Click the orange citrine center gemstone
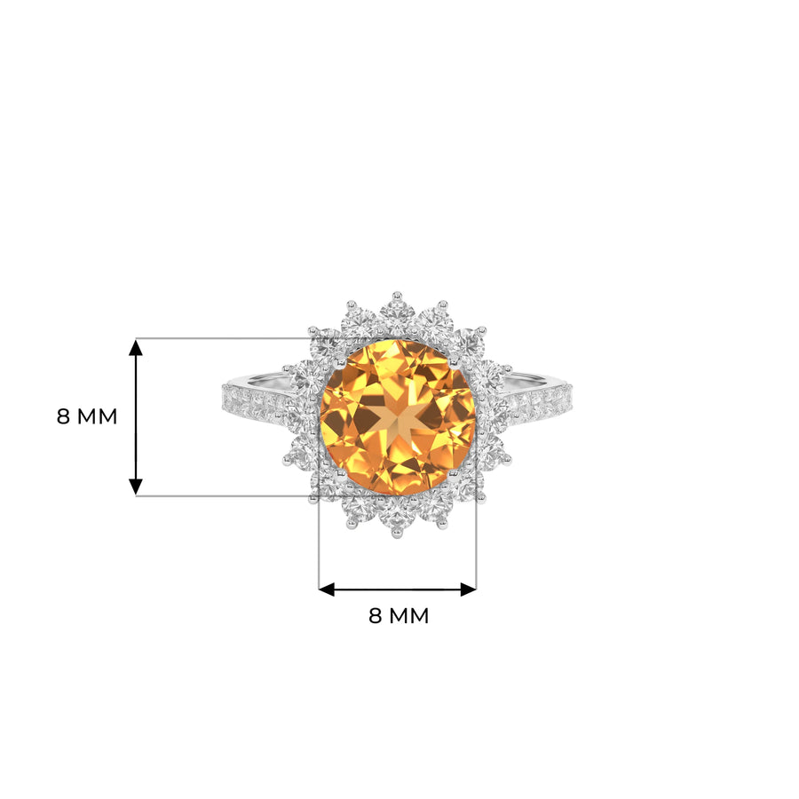(x=398, y=417)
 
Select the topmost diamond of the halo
(x=398, y=314)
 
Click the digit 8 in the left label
(x=63, y=417)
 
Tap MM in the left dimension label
(x=97, y=417)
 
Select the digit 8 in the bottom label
(x=375, y=615)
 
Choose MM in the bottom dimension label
(x=408, y=615)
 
